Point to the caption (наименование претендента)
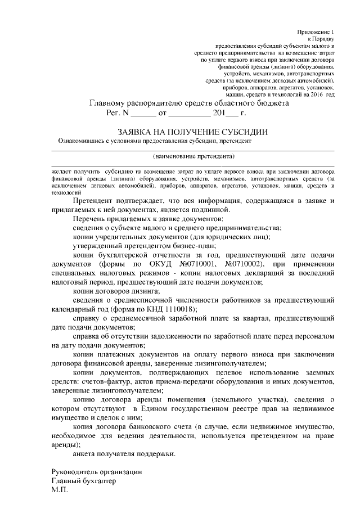coord(193,156)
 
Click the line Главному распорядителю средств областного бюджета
coord(190,103)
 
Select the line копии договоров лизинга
coord(116,291)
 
